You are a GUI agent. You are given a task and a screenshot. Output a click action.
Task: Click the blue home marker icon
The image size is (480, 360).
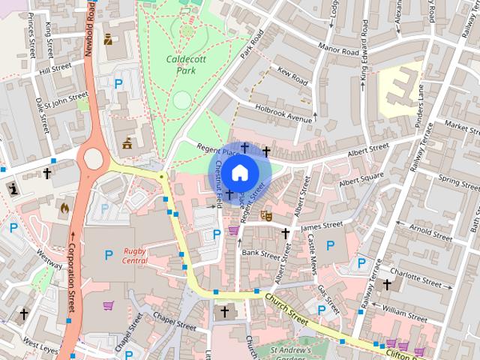click(x=239, y=173)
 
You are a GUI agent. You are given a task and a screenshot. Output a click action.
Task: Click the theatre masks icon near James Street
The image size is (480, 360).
click(x=265, y=215)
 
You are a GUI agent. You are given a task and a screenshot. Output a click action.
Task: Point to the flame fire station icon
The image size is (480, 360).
click(x=64, y=206)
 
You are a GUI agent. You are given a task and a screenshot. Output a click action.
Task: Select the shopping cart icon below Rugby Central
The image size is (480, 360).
click(x=108, y=305)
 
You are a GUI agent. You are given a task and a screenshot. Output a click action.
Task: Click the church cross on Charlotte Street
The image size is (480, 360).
click(x=387, y=284)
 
